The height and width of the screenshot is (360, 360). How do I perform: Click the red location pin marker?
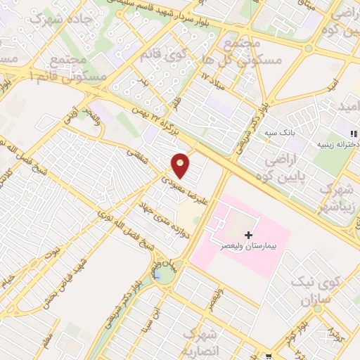pyautogui.click(x=181, y=165)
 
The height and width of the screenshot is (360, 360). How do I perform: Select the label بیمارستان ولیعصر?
pyautogui.click(x=247, y=247)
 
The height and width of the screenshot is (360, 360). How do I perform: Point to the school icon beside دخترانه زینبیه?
pyautogui.click(x=354, y=132)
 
